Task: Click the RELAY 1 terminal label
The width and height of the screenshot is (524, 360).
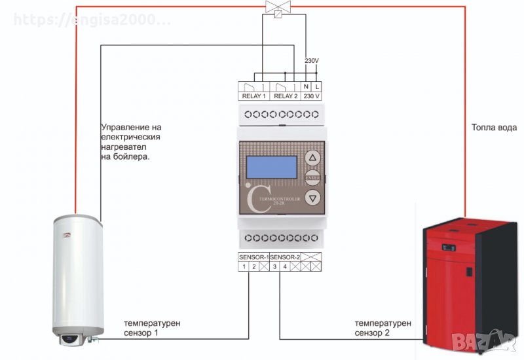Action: tap(254, 96)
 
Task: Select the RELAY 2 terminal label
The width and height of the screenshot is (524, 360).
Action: tap(286, 96)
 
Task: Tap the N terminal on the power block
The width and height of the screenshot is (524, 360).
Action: tap(306, 86)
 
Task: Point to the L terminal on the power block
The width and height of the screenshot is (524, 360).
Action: tap(318, 86)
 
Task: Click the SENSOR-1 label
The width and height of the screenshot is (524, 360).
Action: tap(253, 257)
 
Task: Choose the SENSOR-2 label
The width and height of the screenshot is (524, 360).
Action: tap(285, 257)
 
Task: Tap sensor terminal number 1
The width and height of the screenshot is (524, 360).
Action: tap(243, 266)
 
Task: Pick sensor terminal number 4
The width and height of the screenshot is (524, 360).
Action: tap(285, 266)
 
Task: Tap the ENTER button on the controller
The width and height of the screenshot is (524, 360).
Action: tap(312, 177)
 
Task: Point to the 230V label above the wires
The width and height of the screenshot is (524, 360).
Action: tap(312, 61)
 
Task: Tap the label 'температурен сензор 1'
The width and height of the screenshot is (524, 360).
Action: tap(152, 328)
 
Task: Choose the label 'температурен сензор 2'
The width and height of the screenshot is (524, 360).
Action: tap(383, 328)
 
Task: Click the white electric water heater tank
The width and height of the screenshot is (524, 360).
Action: tap(75, 275)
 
